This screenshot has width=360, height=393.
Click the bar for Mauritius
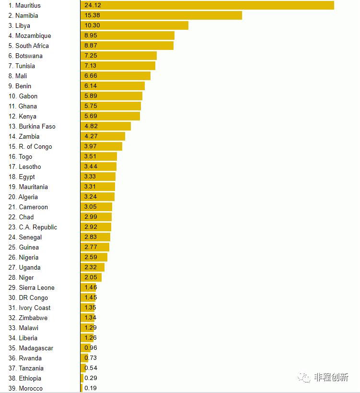[207, 5]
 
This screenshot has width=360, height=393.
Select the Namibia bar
[161, 15]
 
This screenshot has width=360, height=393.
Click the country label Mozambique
[33, 36]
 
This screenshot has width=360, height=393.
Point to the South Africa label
[32, 46]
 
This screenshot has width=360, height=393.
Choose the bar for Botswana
[118, 56]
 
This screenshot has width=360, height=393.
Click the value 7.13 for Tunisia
[90, 66]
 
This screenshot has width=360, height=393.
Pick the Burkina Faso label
[37, 127]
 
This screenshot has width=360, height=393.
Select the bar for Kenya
[110, 116]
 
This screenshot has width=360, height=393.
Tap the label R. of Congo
[35, 147]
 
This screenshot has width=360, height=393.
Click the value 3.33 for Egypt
[90, 177]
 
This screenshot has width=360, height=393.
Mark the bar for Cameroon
[96, 207]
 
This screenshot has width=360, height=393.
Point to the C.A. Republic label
[38, 227]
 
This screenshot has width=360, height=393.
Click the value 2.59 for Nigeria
[90, 257]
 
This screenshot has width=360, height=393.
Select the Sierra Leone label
[36, 288]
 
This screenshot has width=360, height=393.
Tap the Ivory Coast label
[35, 308]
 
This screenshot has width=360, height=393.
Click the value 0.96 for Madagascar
[91, 348]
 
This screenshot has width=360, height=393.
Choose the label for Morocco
[31, 389]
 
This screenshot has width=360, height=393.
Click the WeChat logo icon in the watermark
[304, 377]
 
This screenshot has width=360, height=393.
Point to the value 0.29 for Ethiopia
[91, 378]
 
